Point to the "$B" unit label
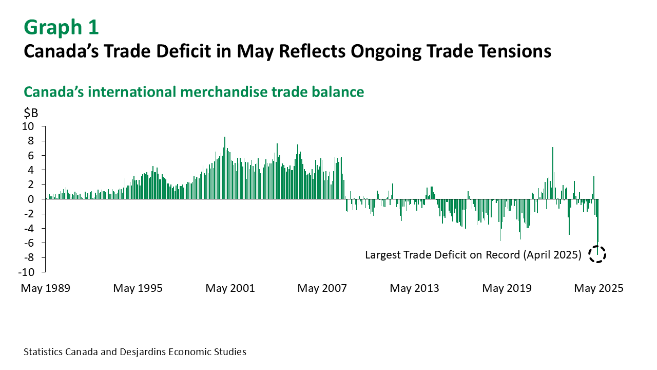[x=31, y=113]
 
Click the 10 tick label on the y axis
[x=33, y=126]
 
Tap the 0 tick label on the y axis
[x=36, y=199]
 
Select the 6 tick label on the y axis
[x=36, y=156]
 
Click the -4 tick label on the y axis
[x=33, y=229]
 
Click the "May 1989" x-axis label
[x=45, y=288]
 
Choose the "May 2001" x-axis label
[x=230, y=288]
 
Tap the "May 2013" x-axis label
[x=414, y=288]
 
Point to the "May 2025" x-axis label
[x=598, y=288]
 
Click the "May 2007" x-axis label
[x=322, y=288]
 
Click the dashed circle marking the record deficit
[x=597, y=254]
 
